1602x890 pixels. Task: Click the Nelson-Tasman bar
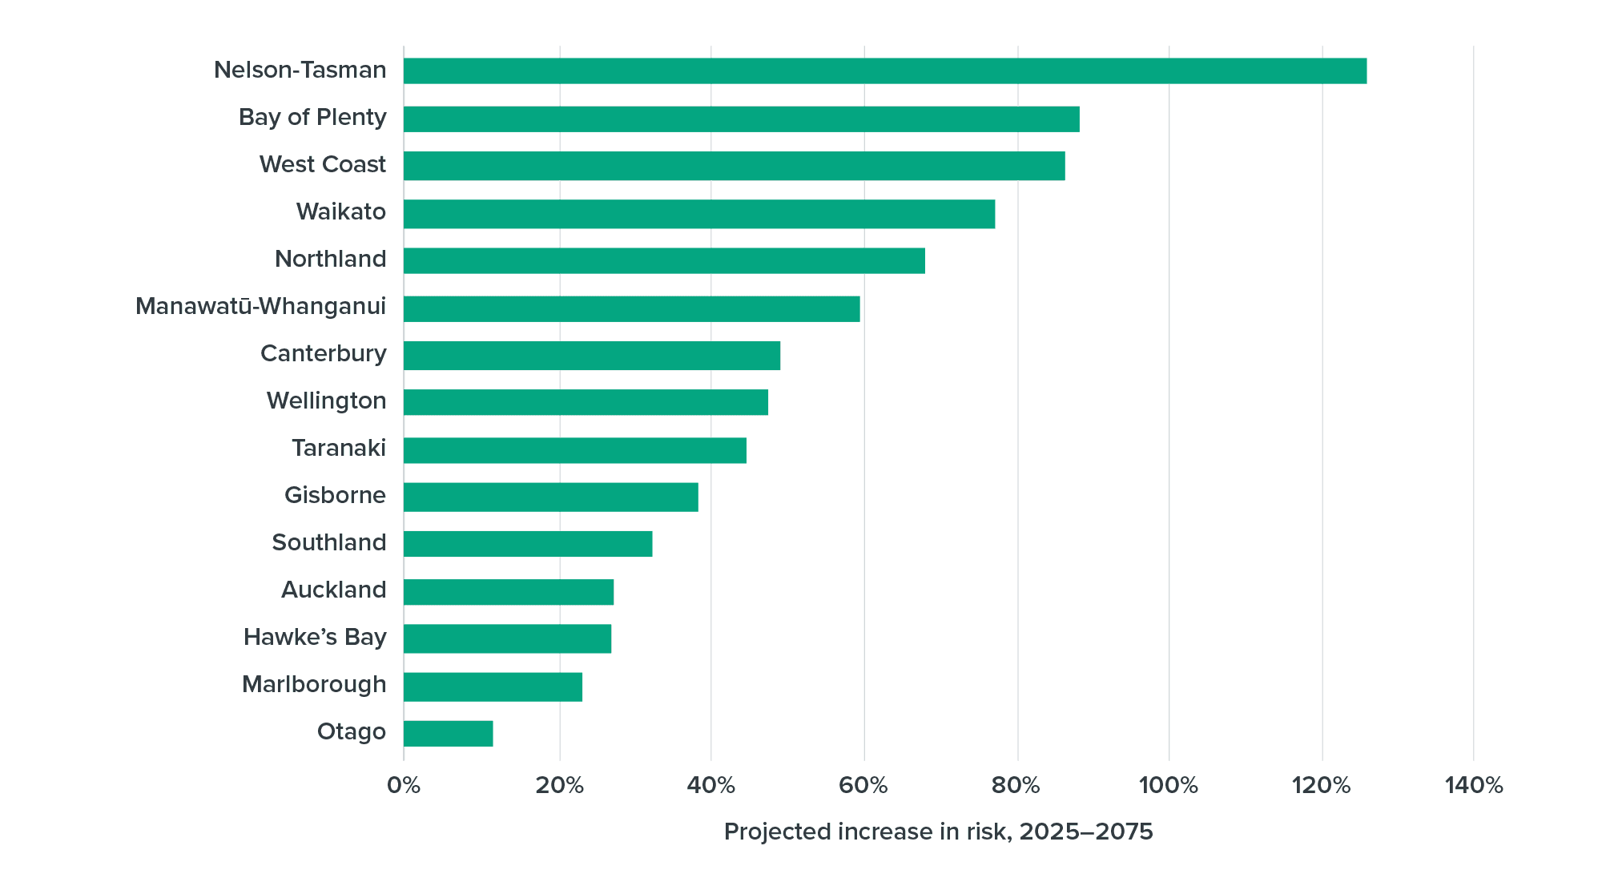(885, 71)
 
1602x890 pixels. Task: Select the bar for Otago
(449, 733)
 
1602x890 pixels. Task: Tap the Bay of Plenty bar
(741, 119)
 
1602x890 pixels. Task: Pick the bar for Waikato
(699, 214)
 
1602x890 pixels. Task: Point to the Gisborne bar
(550, 497)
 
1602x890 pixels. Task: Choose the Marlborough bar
(493, 687)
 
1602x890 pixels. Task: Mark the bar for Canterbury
(591, 355)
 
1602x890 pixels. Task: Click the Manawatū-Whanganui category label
(260, 306)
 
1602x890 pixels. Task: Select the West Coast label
(322, 164)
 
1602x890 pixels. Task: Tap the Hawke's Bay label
(315, 637)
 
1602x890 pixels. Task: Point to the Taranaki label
(338, 448)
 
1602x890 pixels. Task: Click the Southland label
(328, 542)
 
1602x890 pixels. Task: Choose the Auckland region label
(333, 590)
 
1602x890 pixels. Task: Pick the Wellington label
(326, 401)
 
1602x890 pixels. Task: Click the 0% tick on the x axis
(404, 785)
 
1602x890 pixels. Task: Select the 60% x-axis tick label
(863, 785)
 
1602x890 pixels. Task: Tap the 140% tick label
(1473, 785)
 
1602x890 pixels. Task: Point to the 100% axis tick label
(1168, 785)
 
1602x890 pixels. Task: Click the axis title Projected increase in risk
(938, 832)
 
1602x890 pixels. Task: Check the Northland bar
(664, 260)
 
